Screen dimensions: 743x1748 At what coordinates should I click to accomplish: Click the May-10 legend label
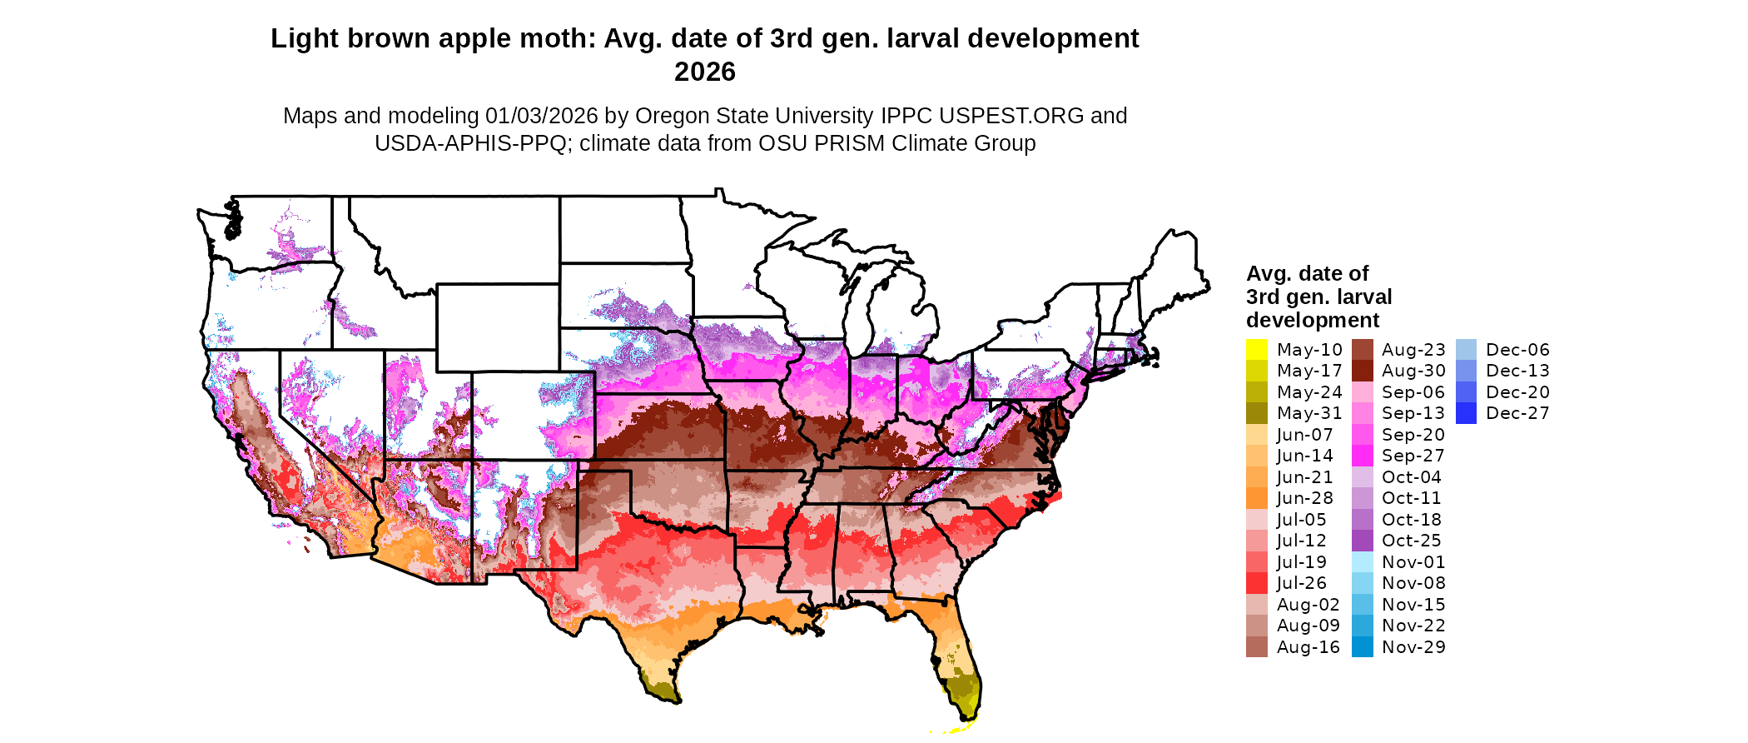click(x=1309, y=350)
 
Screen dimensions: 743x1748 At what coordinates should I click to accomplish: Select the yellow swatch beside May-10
click(x=1257, y=350)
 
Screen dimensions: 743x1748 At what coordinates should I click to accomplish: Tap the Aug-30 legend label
click(x=1413, y=371)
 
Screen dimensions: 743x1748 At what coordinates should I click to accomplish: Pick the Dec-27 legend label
click(x=1517, y=413)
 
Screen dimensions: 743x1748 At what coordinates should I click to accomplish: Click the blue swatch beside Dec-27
click(x=1466, y=413)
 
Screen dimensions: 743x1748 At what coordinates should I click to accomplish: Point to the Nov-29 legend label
click(x=1413, y=647)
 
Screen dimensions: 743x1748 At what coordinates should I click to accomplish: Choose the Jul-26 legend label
click(x=1302, y=583)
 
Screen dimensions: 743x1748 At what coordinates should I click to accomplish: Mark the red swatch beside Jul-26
click(x=1257, y=583)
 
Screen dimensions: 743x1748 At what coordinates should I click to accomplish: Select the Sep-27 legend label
click(x=1413, y=456)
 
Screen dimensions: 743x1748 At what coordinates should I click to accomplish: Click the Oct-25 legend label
click(x=1412, y=541)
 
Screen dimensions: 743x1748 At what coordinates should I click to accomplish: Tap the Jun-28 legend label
click(x=1305, y=498)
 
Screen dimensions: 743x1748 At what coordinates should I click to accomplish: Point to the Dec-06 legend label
click(x=1517, y=350)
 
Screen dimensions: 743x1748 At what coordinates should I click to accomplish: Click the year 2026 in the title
click(x=705, y=72)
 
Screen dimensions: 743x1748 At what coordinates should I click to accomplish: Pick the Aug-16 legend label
click(x=1309, y=647)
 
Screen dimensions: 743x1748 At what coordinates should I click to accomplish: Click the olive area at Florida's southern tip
click(x=964, y=691)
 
